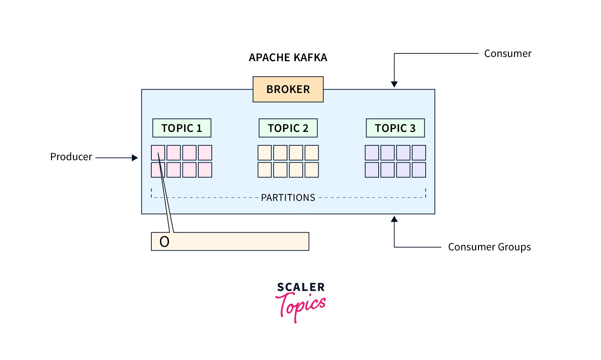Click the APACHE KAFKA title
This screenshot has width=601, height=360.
tap(288, 58)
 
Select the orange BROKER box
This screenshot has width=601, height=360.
tap(288, 89)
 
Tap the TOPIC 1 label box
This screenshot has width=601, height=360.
tap(182, 128)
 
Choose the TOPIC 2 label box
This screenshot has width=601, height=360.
tap(288, 128)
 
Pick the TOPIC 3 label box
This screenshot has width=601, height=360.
tap(395, 128)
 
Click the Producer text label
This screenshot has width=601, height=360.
tap(71, 157)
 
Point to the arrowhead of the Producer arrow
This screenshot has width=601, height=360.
tap(135, 158)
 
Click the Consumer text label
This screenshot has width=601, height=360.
tap(507, 54)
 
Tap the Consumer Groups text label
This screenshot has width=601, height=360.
tap(489, 247)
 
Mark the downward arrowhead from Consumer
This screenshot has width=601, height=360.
tap(394, 84)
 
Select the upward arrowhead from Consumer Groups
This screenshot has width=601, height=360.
tap(394, 219)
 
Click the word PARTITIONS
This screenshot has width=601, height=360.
tap(288, 198)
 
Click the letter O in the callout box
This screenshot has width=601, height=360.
tap(164, 242)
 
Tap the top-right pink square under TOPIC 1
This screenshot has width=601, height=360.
tap(205, 153)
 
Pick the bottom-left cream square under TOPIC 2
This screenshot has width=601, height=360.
tap(264, 170)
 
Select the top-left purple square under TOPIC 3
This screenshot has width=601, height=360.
tap(372, 153)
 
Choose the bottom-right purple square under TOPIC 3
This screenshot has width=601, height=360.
tap(419, 170)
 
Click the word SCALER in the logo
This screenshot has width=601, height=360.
tap(300, 287)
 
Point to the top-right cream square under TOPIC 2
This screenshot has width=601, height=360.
tap(311, 153)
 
